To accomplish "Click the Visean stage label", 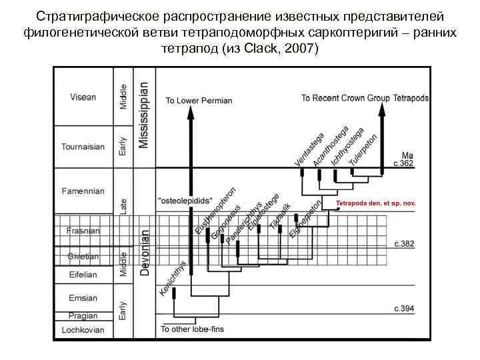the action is [x=83, y=97].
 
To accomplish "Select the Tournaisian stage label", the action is [x=83, y=147].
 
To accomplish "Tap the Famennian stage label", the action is [x=83, y=191].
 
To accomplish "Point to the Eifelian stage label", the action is [x=83, y=275].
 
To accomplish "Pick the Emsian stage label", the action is [x=83, y=298].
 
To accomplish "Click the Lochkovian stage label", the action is [x=83, y=330].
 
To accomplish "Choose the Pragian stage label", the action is [x=83, y=315].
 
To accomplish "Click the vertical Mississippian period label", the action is [x=145, y=115].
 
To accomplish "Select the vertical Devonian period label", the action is [x=145, y=253].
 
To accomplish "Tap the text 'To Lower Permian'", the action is [x=199, y=101].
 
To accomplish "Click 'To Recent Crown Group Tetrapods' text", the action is [x=365, y=98].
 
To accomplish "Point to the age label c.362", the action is [x=404, y=163].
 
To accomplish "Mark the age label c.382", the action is [x=404, y=245].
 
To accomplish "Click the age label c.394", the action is [x=404, y=308].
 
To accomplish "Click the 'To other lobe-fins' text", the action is [x=192, y=330].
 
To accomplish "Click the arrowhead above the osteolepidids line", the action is [x=191, y=113].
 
